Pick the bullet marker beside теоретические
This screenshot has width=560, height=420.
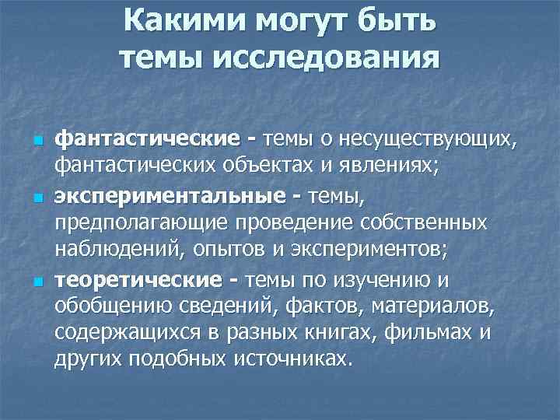point(36,279)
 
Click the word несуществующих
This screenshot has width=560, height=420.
point(426,140)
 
